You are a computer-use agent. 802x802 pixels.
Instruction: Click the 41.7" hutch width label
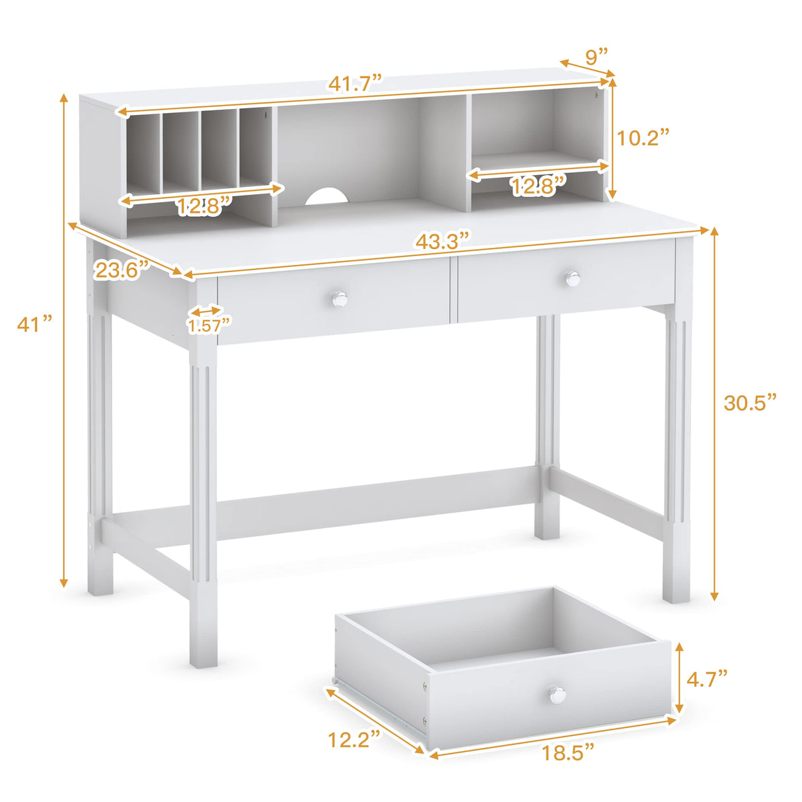pyautogui.click(x=356, y=84)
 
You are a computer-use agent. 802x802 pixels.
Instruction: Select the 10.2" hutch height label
pyautogui.click(x=643, y=137)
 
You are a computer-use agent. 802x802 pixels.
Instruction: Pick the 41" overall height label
pyautogui.click(x=34, y=324)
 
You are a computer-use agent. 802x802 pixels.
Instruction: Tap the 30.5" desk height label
pyautogui.click(x=750, y=402)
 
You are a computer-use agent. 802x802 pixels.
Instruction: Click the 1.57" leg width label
pyautogui.click(x=209, y=324)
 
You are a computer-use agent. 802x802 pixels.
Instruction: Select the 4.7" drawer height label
pyautogui.click(x=707, y=678)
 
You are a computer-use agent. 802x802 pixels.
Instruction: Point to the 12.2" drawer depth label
pyautogui.click(x=355, y=739)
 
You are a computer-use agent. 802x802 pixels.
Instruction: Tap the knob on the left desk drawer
pyautogui.click(x=340, y=299)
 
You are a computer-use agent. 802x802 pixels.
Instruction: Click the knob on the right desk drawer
pyautogui.click(x=572, y=279)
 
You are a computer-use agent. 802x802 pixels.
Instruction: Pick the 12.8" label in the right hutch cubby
pyautogui.click(x=538, y=186)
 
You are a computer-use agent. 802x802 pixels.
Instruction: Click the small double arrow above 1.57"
pyautogui.click(x=206, y=310)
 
